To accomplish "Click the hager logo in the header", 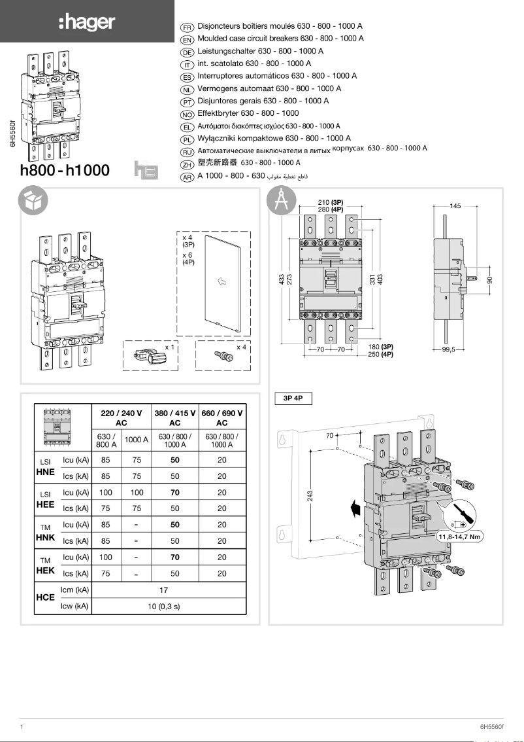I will (86, 22).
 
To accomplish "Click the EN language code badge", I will (187, 39).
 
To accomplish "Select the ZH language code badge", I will (187, 164).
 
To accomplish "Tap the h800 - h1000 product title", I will (65, 171).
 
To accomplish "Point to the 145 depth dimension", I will (455, 205).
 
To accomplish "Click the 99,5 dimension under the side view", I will (448, 350).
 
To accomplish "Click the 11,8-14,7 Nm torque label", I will (459, 537).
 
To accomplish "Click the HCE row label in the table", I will (45, 598).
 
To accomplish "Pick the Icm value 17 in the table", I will (164, 590).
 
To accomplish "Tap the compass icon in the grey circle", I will (282, 201).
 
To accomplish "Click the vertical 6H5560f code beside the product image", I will (12, 133).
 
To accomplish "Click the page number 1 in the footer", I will (22, 726).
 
